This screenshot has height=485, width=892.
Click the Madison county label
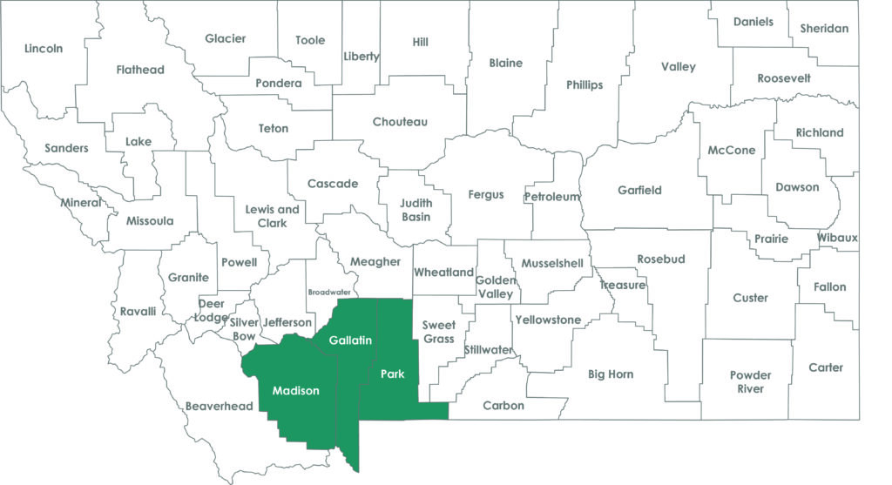295,391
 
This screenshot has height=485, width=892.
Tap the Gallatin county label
350,340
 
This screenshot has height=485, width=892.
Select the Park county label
393,374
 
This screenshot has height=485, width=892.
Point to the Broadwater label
328,293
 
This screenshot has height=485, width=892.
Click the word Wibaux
837,238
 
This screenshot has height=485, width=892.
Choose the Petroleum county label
551,197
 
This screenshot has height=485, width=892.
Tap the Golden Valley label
495,287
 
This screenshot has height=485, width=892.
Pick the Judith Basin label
416,210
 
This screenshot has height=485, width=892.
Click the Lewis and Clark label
272,216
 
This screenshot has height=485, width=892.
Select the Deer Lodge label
212,310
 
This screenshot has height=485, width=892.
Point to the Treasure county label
622,286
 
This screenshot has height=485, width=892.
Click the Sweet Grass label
438,332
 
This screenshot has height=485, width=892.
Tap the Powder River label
750,381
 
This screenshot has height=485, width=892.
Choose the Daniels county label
753,21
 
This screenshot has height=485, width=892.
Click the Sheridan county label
823,28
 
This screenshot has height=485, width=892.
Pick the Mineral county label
81,203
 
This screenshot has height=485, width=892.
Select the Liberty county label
362,57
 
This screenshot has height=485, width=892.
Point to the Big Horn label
611,374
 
